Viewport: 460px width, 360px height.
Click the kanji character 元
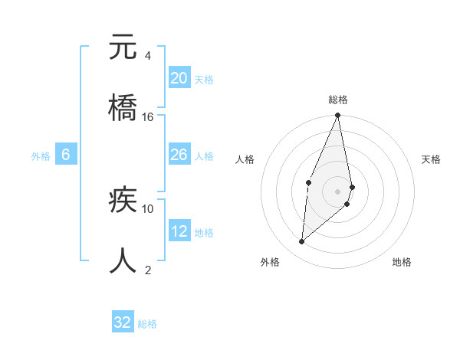coord(123,47)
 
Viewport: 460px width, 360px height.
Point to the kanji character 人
coord(123,260)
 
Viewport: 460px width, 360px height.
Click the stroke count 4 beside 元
coord(147,56)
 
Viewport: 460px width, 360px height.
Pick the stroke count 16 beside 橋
coord(148,116)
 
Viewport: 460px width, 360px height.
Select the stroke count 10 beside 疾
coord(148,208)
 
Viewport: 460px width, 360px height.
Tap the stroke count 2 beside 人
coord(147,270)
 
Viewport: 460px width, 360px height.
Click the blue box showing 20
coord(179,78)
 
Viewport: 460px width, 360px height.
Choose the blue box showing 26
coord(179,155)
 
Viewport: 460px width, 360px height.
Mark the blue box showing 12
coord(179,231)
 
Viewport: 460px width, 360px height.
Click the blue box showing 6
coord(66,155)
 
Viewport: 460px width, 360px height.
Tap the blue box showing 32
coord(123,322)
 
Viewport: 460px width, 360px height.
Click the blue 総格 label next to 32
coord(147,324)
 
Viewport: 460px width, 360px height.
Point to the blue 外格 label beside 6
coord(41,156)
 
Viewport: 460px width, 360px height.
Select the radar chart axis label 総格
coord(337,100)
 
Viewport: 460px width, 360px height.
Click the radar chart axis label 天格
coord(431,159)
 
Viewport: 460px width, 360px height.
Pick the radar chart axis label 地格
coord(402,262)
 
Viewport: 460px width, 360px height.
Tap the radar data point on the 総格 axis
coord(337,116)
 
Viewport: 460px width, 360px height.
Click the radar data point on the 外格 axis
coord(302,242)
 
